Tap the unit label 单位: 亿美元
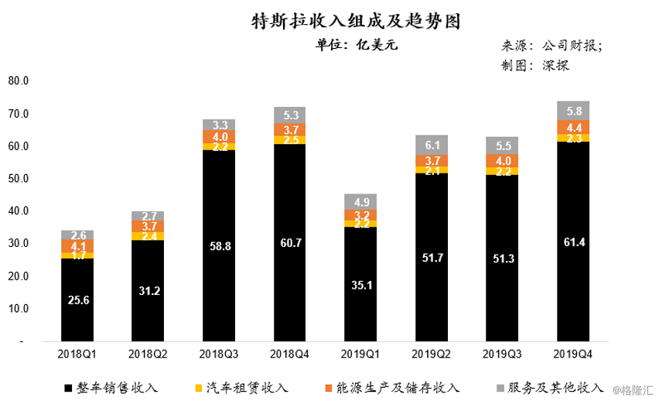coord(357,45)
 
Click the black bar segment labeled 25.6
coord(77,300)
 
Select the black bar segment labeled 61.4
coord(573,242)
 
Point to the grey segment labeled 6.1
coord(432,145)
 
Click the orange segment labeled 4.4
coord(573,127)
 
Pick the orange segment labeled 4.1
coord(77,245)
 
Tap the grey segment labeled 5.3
coord(290,115)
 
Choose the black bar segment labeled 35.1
coord(360,284)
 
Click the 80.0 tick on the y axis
coord(19,81)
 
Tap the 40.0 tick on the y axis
coord(19,211)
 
